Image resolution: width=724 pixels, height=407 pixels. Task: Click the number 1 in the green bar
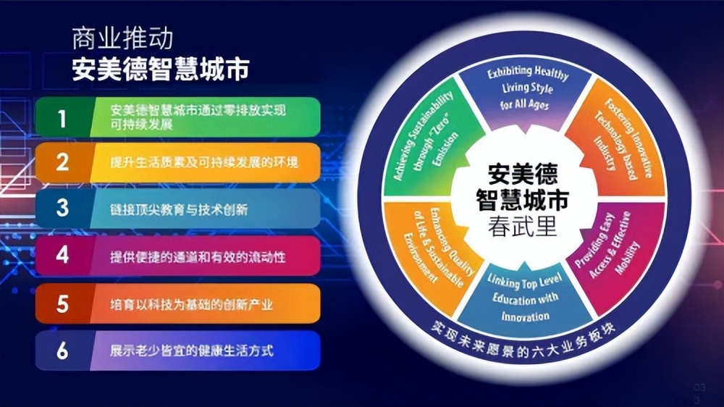62,117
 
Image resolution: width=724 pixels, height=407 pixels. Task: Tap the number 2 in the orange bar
63,162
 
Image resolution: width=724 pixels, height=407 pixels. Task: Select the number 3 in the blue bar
63,209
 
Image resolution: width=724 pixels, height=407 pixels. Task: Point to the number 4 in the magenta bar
63,256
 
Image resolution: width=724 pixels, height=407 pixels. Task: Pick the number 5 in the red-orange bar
63,303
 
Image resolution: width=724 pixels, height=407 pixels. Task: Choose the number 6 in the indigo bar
63,351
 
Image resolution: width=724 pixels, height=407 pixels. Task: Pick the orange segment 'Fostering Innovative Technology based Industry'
620,141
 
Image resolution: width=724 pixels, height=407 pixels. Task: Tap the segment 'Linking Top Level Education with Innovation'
522,297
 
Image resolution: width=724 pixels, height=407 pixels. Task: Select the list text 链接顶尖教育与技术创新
179,209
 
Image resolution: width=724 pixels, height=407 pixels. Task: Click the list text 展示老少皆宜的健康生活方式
192,351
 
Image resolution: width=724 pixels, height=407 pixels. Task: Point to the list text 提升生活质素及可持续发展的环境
203,163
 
